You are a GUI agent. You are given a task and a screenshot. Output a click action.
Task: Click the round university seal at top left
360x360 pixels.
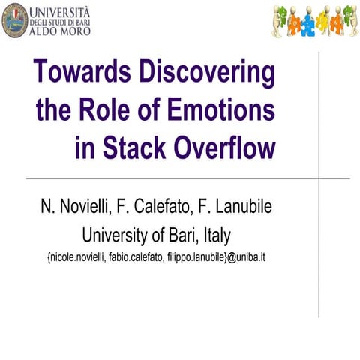coord(15,19)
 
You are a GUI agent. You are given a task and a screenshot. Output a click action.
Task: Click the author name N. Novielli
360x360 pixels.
coord(75,208)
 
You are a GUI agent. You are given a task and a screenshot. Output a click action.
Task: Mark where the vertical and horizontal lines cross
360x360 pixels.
coord(319,178)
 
